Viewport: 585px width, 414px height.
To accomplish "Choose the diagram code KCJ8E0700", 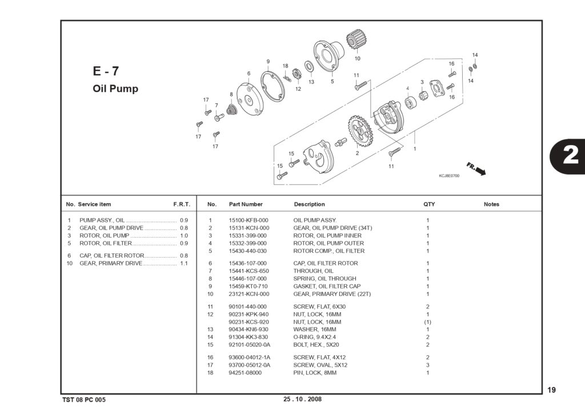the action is pyautogui.click(x=449, y=176).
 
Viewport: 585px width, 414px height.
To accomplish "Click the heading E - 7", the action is pyautogui.click(x=106, y=71).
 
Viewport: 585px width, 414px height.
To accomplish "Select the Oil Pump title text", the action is pyautogui.click(x=115, y=89).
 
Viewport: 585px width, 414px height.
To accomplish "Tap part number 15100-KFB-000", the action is pyautogui.click(x=249, y=220).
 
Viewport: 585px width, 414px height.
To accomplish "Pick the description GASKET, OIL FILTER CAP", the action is pyautogui.click(x=327, y=287).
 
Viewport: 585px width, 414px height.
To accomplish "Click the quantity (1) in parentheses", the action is pyautogui.click(x=427, y=322).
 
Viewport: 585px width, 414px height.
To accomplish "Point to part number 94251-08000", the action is pyautogui.click(x=245, y=372).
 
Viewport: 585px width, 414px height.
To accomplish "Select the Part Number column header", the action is pyautogui.click(x=246, y=204).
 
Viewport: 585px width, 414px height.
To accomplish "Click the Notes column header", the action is pyautogui.click(x=491, y=204).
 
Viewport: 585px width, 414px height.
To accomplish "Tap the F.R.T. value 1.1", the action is pyautogui.click(x=184, y=263).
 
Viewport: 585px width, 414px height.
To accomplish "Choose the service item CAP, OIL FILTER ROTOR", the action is pyautogui.click(x=111, y=255).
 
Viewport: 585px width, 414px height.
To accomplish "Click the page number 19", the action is pyautogui.click(x=551, y=390).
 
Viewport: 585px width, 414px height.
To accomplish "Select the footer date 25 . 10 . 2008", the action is pyautogui.click(x=303, y=399).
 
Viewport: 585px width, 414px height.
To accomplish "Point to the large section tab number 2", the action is pyautogui.click(x=570, y=155).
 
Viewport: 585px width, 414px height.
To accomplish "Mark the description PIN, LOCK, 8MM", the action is pyautogui.click(x=315, y=372).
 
